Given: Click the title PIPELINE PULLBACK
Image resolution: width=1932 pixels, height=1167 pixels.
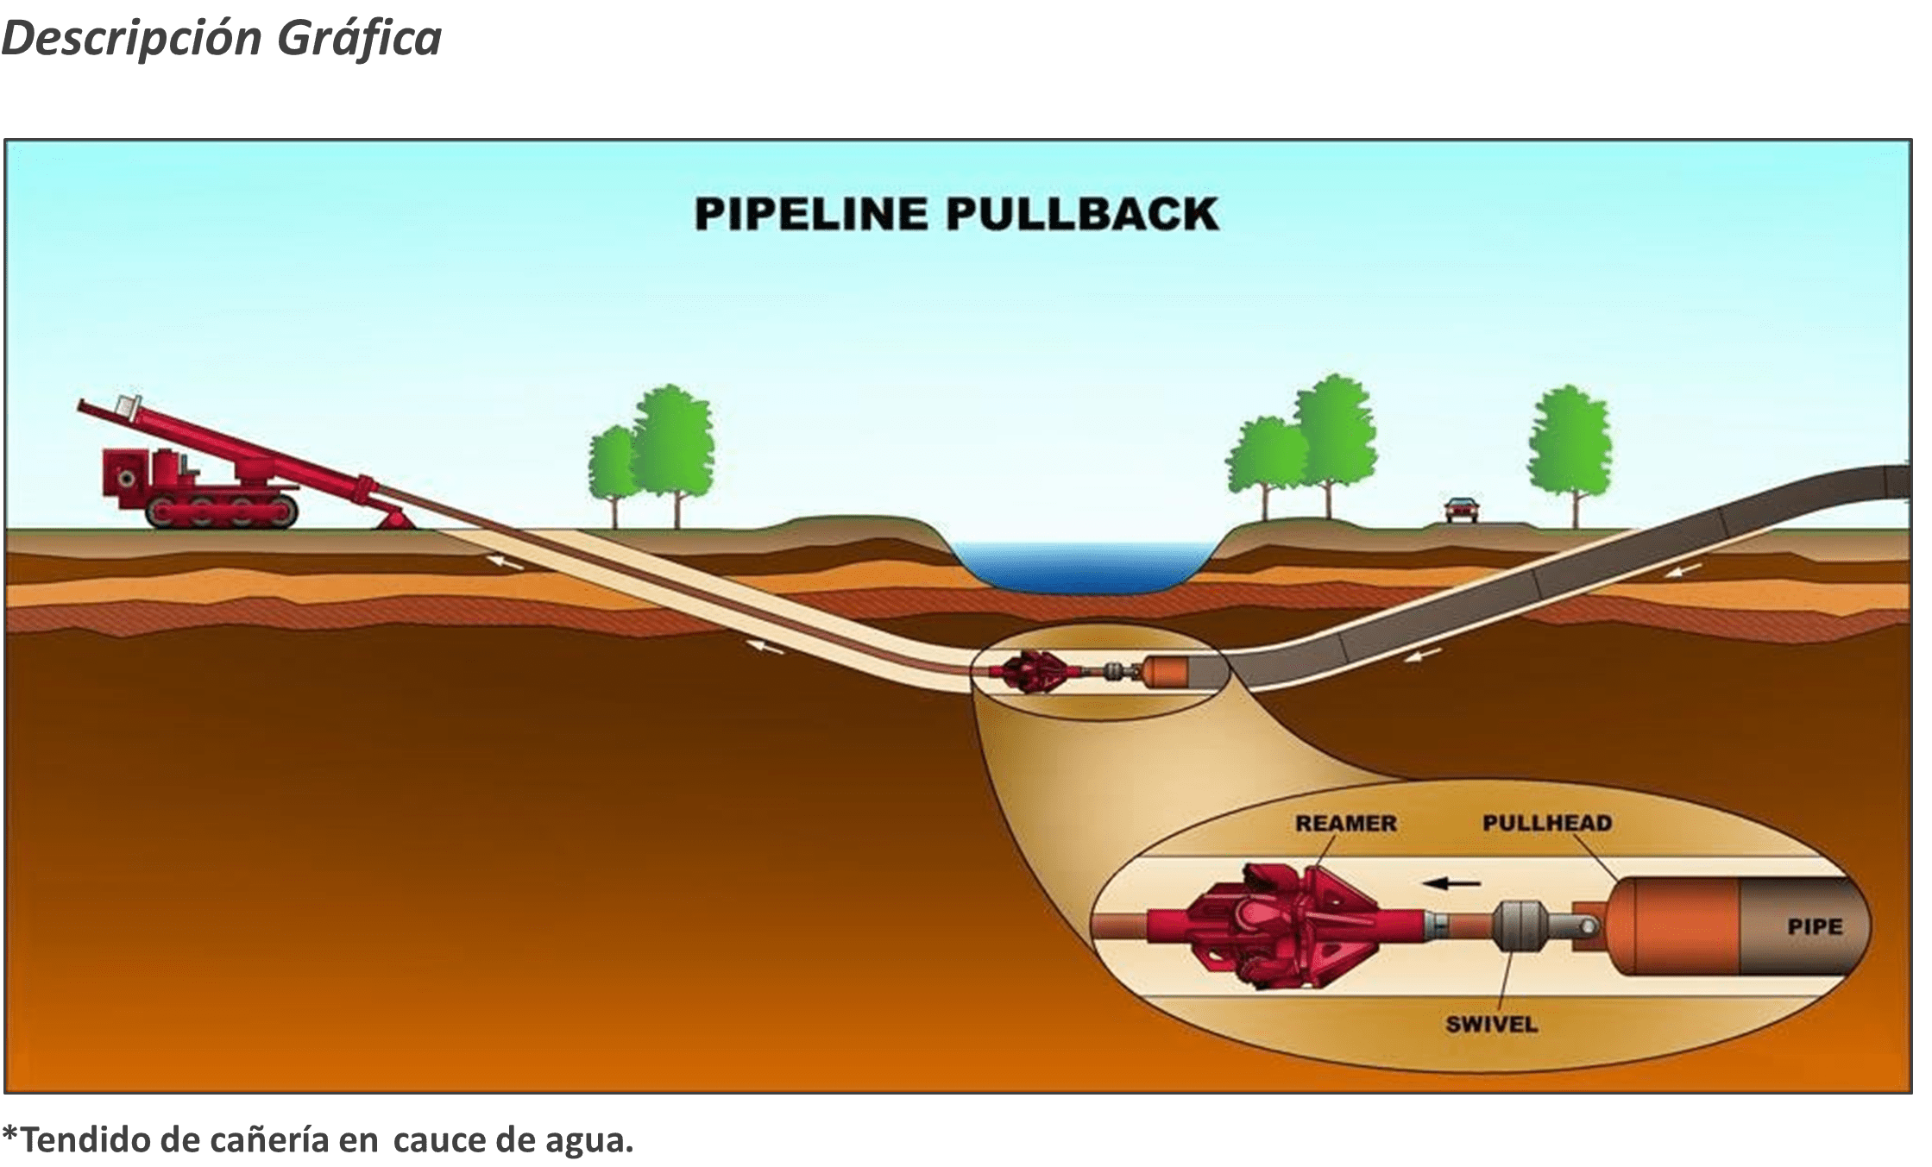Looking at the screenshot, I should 956,215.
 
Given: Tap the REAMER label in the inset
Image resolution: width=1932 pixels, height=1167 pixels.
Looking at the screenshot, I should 1345,823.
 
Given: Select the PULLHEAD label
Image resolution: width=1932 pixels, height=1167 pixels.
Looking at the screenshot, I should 1547,823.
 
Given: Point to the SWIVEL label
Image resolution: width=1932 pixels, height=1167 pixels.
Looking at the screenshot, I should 1491,1024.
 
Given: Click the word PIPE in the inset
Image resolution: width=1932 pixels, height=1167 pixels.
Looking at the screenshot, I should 1815,927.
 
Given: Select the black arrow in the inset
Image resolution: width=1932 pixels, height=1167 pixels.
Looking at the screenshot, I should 1451,883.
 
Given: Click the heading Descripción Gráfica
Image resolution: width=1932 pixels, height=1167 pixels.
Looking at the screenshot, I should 222,38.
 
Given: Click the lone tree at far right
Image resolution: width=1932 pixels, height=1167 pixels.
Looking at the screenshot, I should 1570,449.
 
